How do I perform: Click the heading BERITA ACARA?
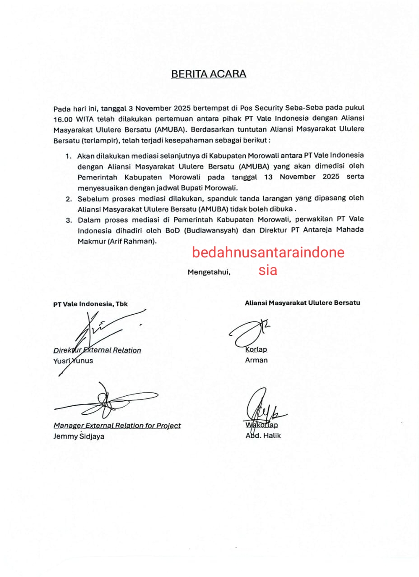coord(209,74)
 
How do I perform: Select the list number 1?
coord(69,156)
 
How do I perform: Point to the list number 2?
coord(69,199)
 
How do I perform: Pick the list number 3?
coord(69,220)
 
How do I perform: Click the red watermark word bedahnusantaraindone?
coord(268,252)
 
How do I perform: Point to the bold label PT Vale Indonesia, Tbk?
coord(90,304)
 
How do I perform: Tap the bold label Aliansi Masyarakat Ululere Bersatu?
coord(302,303)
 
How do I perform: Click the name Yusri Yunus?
coord(73,361)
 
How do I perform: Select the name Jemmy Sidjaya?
coord(79,436)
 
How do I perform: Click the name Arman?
coord(256,360)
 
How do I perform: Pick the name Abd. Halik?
coord(263,435)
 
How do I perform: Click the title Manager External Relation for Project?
coord(117,426)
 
